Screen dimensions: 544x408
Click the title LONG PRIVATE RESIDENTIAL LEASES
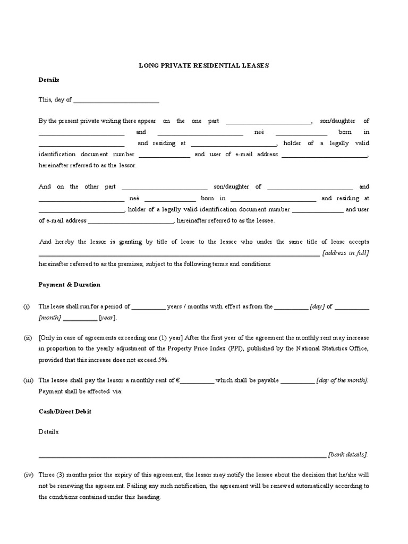point(204,66)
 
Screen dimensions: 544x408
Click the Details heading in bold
point(49,80)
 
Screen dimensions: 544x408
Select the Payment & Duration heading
point(70,285)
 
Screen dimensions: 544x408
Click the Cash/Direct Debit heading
point(65,412)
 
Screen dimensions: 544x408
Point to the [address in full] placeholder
point(345,253)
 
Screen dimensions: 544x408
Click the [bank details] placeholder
point(347,455)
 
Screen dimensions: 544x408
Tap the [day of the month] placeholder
point(342,380)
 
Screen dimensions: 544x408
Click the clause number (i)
point(27,307)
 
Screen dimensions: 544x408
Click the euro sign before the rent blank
point(178,380)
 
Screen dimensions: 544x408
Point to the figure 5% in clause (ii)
point(162,360)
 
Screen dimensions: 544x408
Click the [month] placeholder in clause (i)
point(50,318)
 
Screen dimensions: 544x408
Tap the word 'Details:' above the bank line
point(49,432)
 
